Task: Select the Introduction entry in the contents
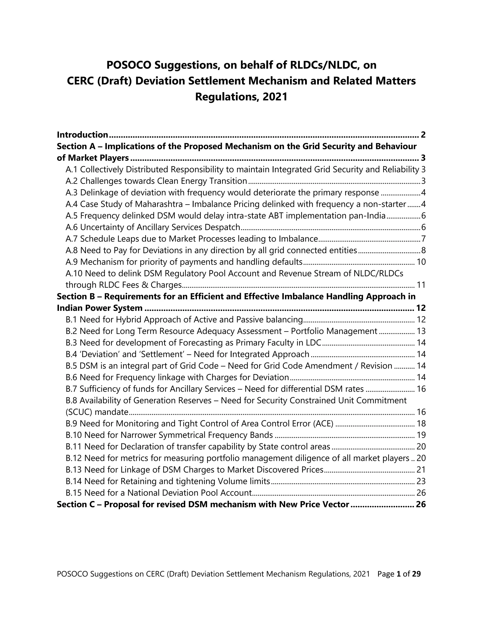[x=82, y=135]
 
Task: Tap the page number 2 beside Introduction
[x=423, y=135]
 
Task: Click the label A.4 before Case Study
[x=71, y=204]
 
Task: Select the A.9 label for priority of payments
[x=71, y=262]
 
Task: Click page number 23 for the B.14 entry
[x=421, y=481]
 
